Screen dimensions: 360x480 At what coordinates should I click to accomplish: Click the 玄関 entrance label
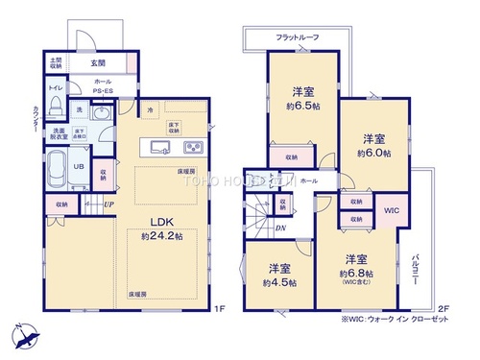tap(98, 62)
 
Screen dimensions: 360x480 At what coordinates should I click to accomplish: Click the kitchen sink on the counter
tap(159, 147)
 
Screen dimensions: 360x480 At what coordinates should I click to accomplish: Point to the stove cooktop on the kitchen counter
tap(192, 147)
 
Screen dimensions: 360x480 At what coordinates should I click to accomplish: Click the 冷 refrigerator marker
tap(150, 112)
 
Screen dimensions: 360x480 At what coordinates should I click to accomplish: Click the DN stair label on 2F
tap(278, 228)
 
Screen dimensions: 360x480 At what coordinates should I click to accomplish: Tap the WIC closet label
tap(392, 209)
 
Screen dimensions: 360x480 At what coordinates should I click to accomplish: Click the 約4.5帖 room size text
tap(278, 282)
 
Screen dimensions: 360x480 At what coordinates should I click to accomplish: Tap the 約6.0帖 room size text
tap(373, 153)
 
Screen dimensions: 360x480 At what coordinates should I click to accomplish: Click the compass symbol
tap(26, 338)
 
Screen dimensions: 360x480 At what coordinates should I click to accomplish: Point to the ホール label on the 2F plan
tap(309, 180)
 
